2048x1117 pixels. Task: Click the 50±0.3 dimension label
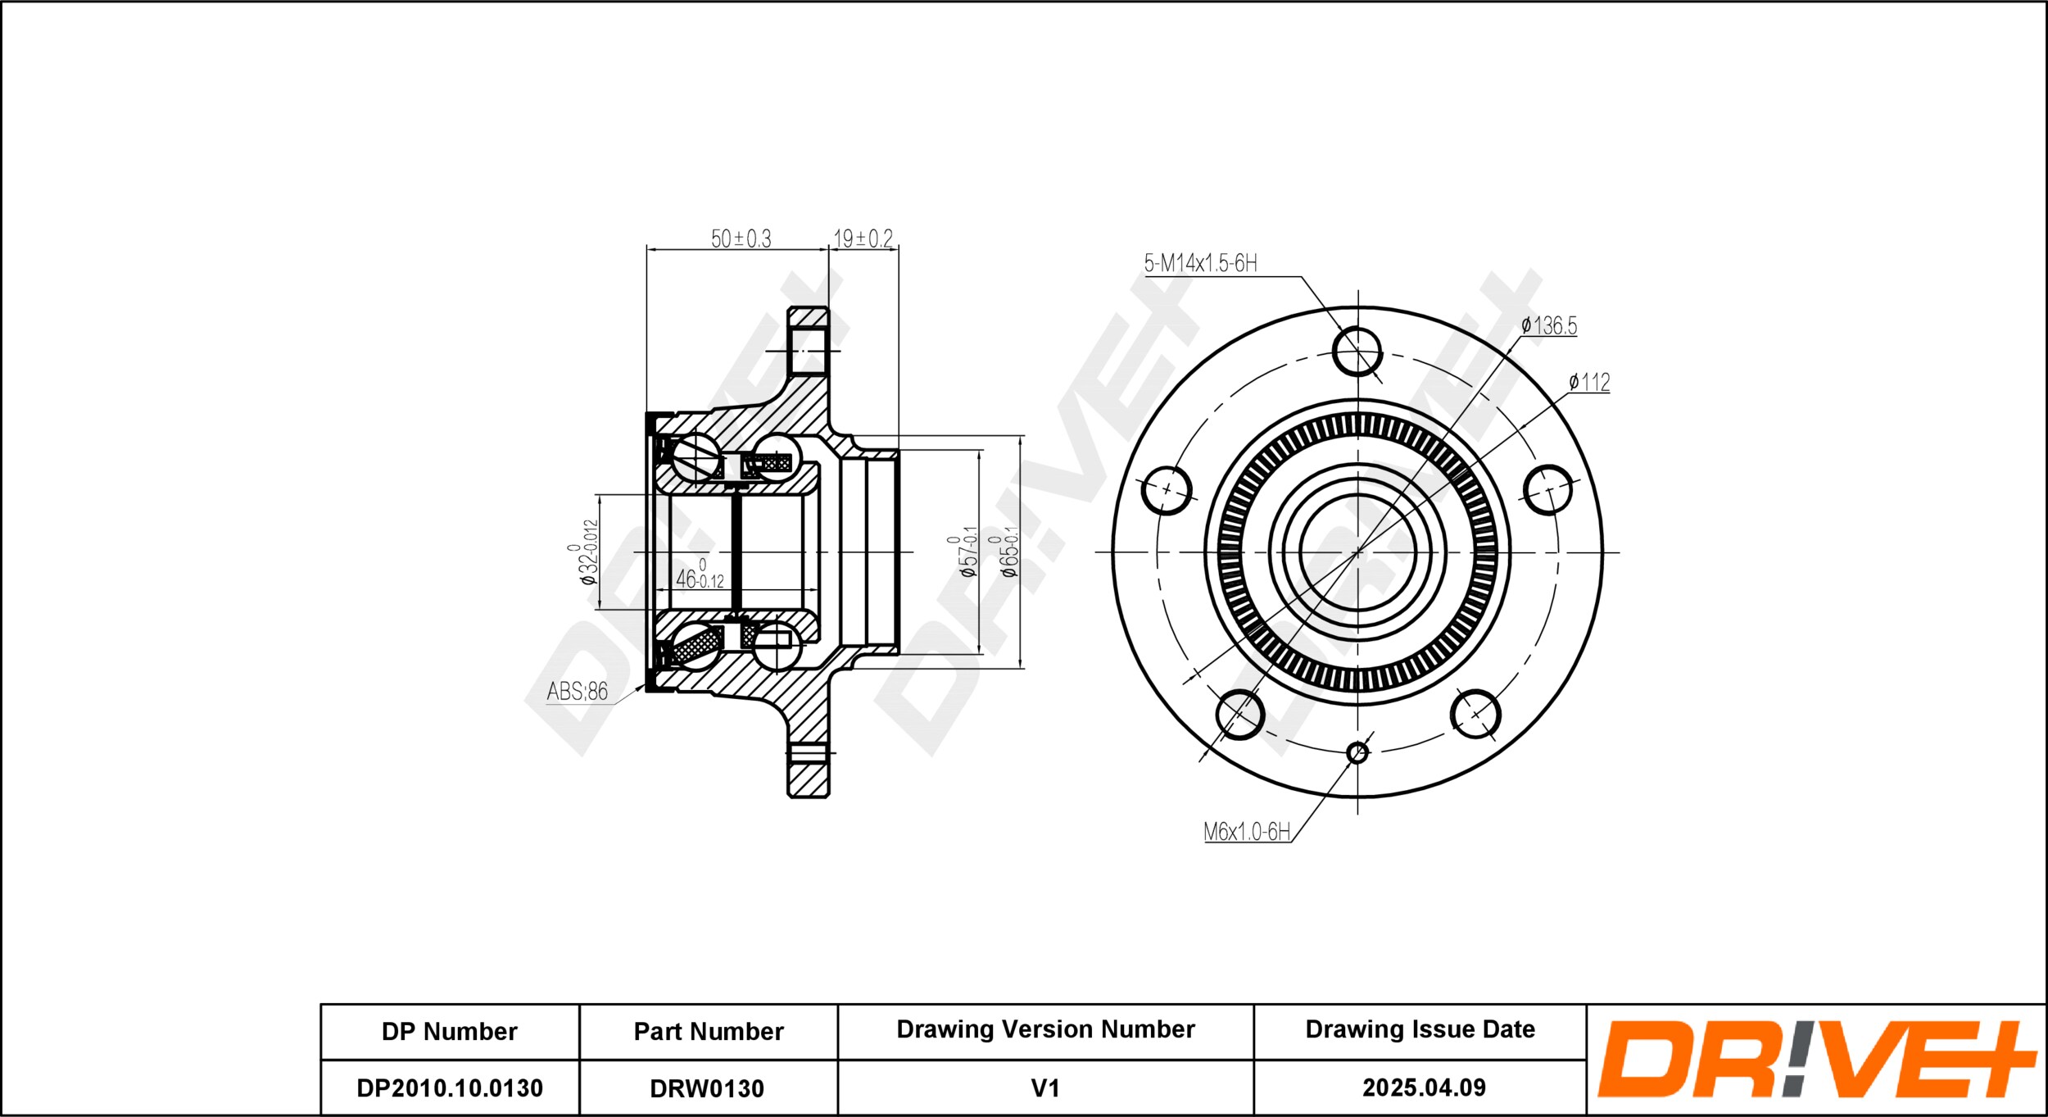[741, 238]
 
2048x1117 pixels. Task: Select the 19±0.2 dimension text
[863, 238]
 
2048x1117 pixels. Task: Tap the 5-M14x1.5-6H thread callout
[1200, 263]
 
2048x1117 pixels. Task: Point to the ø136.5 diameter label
[1548, 325]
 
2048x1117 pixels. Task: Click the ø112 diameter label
[1588, 382]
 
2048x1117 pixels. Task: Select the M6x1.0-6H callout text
[1247, 832]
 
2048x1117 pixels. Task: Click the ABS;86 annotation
[578, 692]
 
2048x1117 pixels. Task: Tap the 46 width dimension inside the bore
[700, 575]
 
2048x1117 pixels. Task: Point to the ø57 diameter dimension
[964, 552]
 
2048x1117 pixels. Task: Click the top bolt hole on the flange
[1357, 352]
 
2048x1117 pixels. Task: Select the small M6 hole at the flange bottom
[1357, 752]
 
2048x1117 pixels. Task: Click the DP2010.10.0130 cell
[450, 1087]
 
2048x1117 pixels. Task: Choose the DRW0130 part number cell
[707, 1088]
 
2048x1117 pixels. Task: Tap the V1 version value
[1045, 1087]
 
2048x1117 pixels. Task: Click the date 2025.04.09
[1424, 1087]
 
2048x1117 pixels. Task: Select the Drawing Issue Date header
[1420, 1029]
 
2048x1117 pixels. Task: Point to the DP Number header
[450, 1031]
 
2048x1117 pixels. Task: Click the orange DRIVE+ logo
[1816, 1059]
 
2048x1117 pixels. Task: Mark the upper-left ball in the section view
[696, 456]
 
